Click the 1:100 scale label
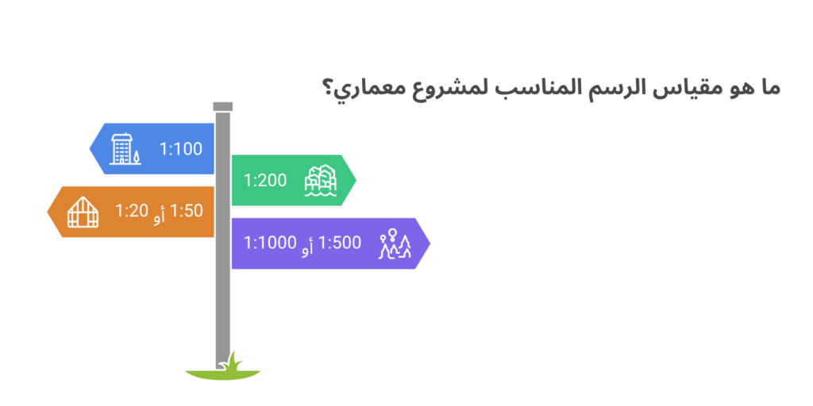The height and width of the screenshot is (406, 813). point(180,149)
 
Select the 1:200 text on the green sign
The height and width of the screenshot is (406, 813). point(265,180)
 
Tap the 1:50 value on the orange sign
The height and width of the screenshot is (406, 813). point(187,211)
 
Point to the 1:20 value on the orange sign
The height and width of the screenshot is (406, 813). point(131,211)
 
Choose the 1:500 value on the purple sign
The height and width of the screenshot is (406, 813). point(341,243)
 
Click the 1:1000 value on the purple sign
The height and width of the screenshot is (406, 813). point(270,243)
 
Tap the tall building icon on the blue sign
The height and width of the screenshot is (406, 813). point(125,149)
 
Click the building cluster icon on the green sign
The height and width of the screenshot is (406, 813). point(321,181)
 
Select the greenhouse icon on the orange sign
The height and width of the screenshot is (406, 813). point(83,212)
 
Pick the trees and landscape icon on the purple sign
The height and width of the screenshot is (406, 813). point(395,243)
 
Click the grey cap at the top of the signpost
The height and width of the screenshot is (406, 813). point(223,107)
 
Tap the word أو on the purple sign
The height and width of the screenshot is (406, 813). point(308,245)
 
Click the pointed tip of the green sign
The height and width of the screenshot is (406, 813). point(356,180)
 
